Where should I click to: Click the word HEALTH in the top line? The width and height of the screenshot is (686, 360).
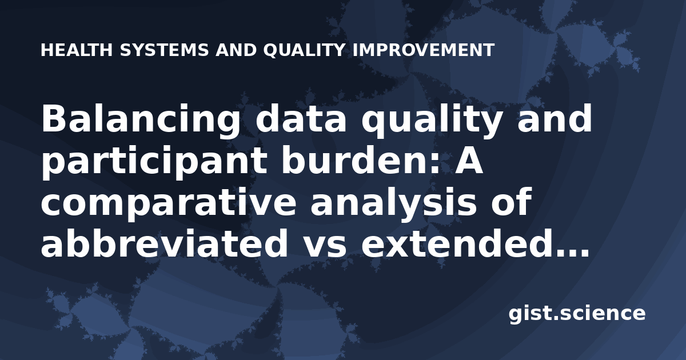[77, 50]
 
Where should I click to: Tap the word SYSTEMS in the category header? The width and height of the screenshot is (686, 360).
[165, 50]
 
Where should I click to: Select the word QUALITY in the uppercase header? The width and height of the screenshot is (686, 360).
[304, 50]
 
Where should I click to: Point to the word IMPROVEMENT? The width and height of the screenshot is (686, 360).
[424, 50]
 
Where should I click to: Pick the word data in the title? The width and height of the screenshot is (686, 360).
[301, 118]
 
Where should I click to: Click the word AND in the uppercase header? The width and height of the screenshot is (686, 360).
[236, 50]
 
